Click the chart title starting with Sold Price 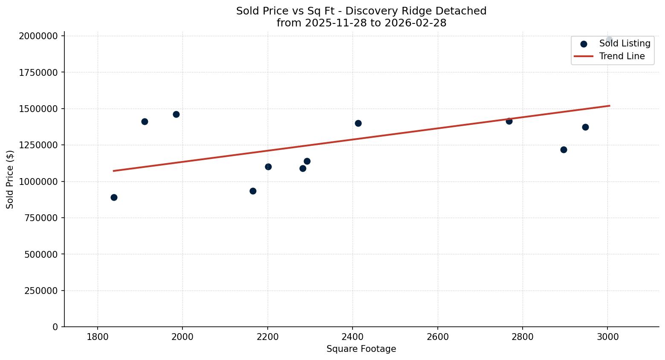coord(361,17)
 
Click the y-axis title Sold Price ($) coord(10,179)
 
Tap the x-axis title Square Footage coord(361,349)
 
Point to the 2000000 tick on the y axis coord(38,36)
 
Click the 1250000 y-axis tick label coord(38,145)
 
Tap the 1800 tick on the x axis coord(98,337)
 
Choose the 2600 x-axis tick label coord(437,337)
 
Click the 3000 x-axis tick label coord(607,337)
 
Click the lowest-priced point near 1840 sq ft coord(114,197)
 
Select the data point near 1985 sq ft coord(176,114)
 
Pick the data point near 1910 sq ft coord(145,121)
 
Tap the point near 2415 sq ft coord(358,123)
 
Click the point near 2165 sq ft coord(253,191)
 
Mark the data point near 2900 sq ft coord(564,150)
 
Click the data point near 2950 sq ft coord(585,127)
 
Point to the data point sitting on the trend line coord(509,121)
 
